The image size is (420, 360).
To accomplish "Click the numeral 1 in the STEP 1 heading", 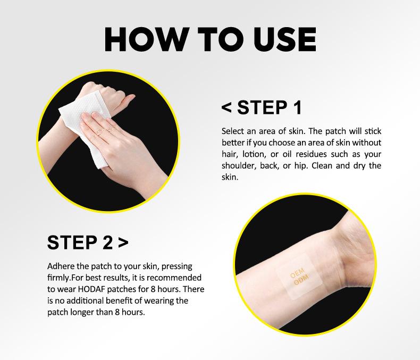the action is coord(297,107).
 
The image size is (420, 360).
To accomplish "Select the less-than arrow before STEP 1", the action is coord(226,107).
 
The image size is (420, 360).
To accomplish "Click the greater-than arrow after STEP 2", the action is coord(123,242).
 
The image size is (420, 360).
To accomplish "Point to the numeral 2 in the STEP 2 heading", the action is coord(108,242).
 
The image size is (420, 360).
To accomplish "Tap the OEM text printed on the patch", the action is coord(297,273).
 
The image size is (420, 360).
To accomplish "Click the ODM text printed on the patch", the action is coord(301,279).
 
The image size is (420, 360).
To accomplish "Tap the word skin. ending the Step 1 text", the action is coord(230,177).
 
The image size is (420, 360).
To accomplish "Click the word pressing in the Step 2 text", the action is coord(177,266).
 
